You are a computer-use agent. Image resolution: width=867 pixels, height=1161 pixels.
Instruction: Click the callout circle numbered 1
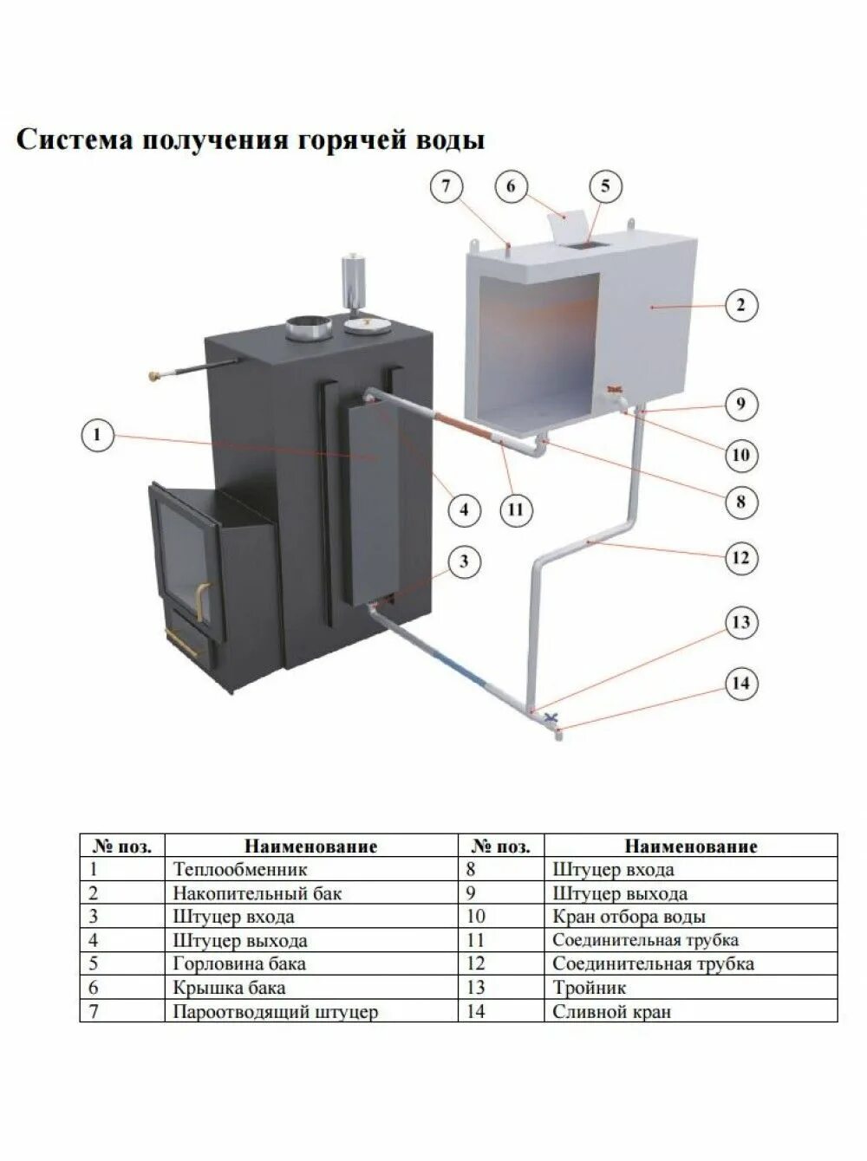pyautogui.click(x=97, y=435)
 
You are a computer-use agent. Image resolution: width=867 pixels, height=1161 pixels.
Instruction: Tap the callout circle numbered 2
pyautogui.click(x=740, y=306)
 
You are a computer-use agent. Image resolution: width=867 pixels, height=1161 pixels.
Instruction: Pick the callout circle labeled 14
pyautogui.click(x=740, y=684)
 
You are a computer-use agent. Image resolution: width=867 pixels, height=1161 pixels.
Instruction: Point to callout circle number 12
pyautogui.click(x=740, y=557)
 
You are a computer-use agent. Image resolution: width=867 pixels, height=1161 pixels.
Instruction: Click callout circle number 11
pyautogui.click(x=516, y=509)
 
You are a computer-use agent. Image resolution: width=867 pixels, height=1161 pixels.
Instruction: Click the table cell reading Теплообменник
pyautogui.click(x=239, y=869)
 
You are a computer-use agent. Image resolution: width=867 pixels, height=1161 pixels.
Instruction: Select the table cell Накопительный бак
pyautogui.click(x=257, y=892)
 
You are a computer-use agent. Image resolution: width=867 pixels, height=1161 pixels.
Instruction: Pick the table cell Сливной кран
pyautogui.click(x=611, y=1011)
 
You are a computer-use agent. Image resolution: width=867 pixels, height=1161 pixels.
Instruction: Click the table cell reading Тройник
pyautogui.click(x=589, y=988)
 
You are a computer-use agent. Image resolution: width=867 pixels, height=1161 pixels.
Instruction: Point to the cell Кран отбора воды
pyautogui.click(x=629, y=917)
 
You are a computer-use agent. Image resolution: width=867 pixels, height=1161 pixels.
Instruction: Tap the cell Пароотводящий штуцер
pyautogui.click(x=276, y=1011)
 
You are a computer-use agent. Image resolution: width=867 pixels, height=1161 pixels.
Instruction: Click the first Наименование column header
pyautogui.click(x=310, y=846)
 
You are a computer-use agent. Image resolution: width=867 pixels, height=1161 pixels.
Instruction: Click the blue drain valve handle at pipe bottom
pyautogui.click(x=550, y=717)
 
